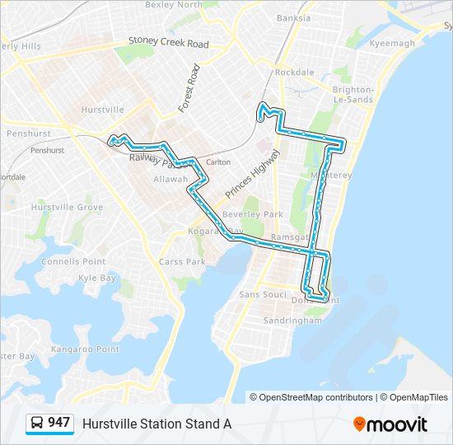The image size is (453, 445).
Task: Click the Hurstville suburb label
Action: click(x=103, y=109)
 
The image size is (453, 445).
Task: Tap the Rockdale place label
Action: click(x=294, y=73)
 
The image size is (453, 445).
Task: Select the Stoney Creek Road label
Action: click(x=168, y=43)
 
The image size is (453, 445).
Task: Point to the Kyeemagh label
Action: click(x=393, y=43)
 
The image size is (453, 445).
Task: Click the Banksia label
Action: click(x=294, y=17)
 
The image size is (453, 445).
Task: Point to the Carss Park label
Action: click(x=182, y=262)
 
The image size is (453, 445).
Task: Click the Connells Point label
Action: click(x=73, y=262)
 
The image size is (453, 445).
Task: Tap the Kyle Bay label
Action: click(x=97, y=279)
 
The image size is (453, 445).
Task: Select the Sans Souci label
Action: click(x=262, y=294)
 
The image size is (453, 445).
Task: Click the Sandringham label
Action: click(x=292, y=321)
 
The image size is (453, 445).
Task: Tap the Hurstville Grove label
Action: click(x=67, y=208)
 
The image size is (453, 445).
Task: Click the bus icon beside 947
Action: click(x=37, y=424)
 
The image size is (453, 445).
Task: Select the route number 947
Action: click(x=58, y=423)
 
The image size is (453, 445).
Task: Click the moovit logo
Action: click(x=390, y=424)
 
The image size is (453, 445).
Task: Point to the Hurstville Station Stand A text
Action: click(x=156, y=424)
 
